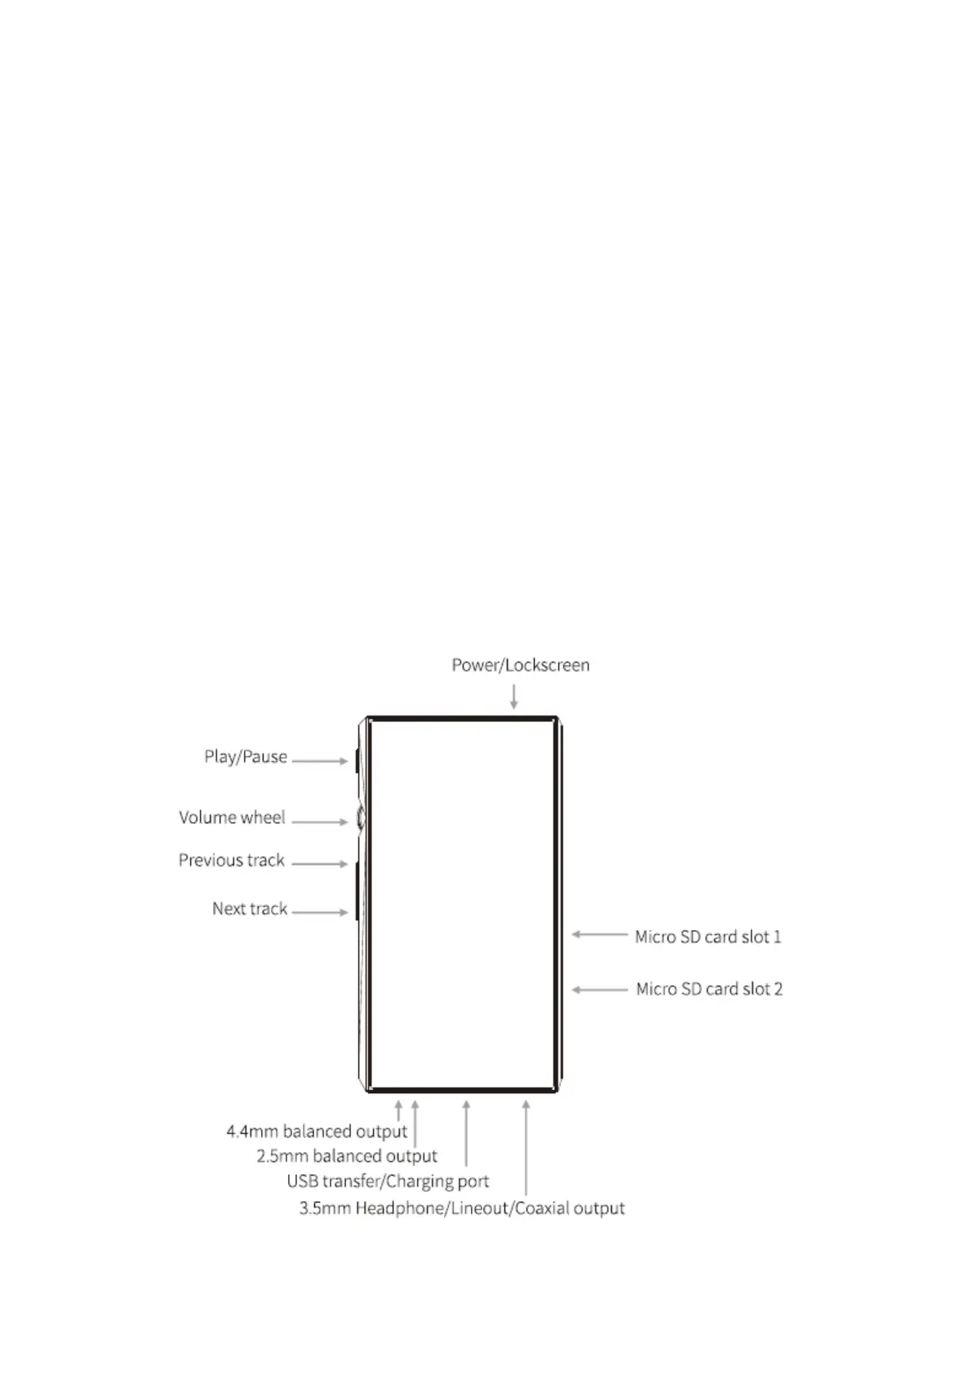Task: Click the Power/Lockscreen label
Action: pyautogui.click(x=521, y=665)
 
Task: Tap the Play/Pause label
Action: pyautogui.click(x=246, y=757)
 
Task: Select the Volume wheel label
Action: pyautogui.click(x=232, y=818)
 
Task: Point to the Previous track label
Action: pyautogui.click(x=232, y=861)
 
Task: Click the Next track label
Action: pyautogui.click(x=250, y=909)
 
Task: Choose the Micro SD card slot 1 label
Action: pyautogui.click(x=708, y=937)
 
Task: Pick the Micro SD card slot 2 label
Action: pyautogui.click(x=709, y=989)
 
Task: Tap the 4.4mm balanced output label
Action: pyautogui.click(x=317, y=1132)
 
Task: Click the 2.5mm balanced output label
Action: pyautogui.click(x=347, y=1156)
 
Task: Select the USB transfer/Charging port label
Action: pyautogui.click(x=388, y=1181)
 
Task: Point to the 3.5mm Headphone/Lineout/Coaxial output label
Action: pyautogui.click(x=462, y=1208)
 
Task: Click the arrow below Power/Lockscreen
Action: pyautogui.click(x=513, y=696)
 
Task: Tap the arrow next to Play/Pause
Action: pyautogui.click(x=320, y=761)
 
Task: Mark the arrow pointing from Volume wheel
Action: pyautogui.click(x=320, y=822)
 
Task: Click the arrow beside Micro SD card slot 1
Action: pyautogui.click(x=600, y=934)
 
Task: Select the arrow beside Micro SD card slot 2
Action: pyautogui.click(x=600, y=990)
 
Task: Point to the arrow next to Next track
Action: pyautogui.click(x=320, y=912)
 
